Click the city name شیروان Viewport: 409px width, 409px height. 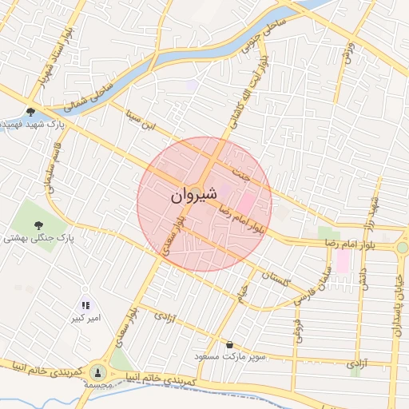coord(193,195)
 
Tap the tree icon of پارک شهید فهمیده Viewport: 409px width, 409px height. coord(30,112)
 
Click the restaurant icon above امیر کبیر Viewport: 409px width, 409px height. coord(85,304)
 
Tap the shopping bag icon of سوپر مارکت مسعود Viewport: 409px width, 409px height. coord(230,344)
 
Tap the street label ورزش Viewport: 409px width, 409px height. coord(347,51)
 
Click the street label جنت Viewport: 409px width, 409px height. coord(237,172)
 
